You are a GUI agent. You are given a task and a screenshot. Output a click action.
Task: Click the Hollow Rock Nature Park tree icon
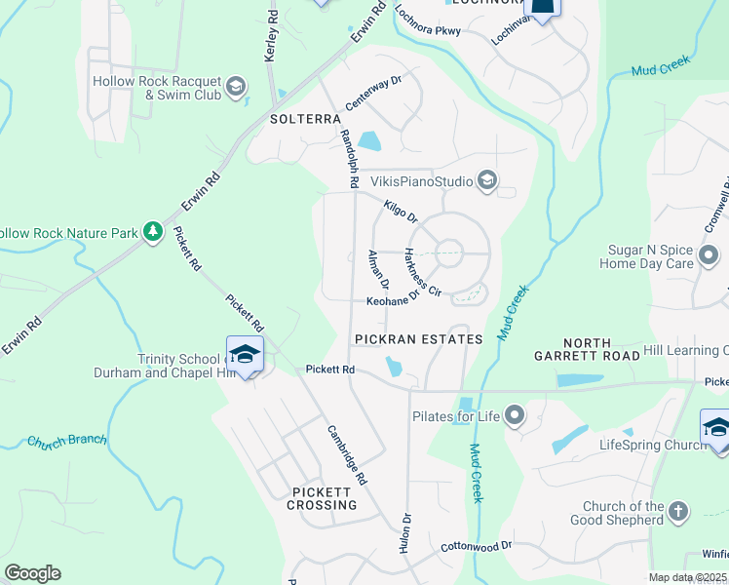point(152,232)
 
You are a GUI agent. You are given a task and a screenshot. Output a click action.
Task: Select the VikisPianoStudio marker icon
point(487,180)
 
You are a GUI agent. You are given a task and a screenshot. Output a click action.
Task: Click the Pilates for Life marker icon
point(515,416)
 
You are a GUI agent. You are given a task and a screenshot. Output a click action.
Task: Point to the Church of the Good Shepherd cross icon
point(679,510)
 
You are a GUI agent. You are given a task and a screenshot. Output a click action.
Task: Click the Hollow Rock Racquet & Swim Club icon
point(235,88)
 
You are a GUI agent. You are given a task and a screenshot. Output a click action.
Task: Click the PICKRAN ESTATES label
point(418,339)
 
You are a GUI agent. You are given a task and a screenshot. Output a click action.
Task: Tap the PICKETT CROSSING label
point(323,498)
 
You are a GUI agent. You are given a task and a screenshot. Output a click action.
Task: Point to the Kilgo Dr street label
point(400,211)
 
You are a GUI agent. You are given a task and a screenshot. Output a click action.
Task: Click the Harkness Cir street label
point(422,272)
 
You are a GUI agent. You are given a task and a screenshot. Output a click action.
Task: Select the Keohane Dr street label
point(393,301)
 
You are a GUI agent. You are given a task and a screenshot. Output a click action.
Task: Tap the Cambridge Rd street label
point(347,455)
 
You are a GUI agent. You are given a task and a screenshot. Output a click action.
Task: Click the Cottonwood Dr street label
point(477,547)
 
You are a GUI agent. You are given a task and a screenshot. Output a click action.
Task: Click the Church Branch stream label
point(66,441)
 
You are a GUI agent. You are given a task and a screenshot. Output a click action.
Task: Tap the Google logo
point(32,573)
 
